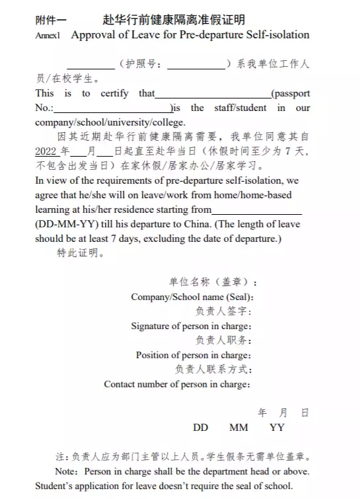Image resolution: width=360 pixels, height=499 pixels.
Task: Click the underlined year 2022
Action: click(x=46, y=151)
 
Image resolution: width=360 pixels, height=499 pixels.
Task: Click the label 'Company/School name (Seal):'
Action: click(x=192, y=297)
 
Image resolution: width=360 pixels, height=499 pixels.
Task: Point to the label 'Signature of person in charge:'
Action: click(x=191, y=326)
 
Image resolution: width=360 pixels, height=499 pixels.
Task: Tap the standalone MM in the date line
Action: click(x=238, y=428)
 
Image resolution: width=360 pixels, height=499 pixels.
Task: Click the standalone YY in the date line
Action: click(x=277, y=428)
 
